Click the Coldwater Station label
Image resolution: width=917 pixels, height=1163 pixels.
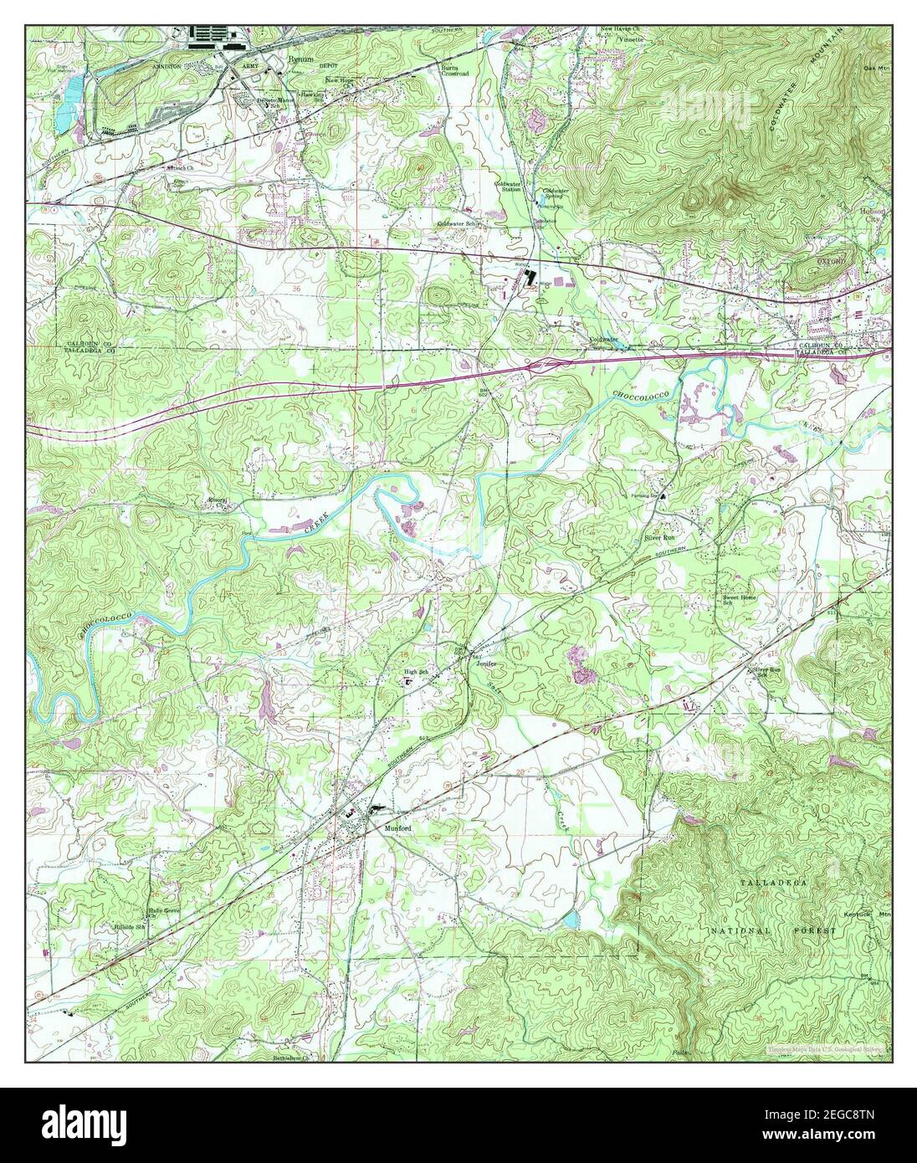coord(509,186)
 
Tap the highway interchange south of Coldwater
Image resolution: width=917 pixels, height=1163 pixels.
coord(540,363)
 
